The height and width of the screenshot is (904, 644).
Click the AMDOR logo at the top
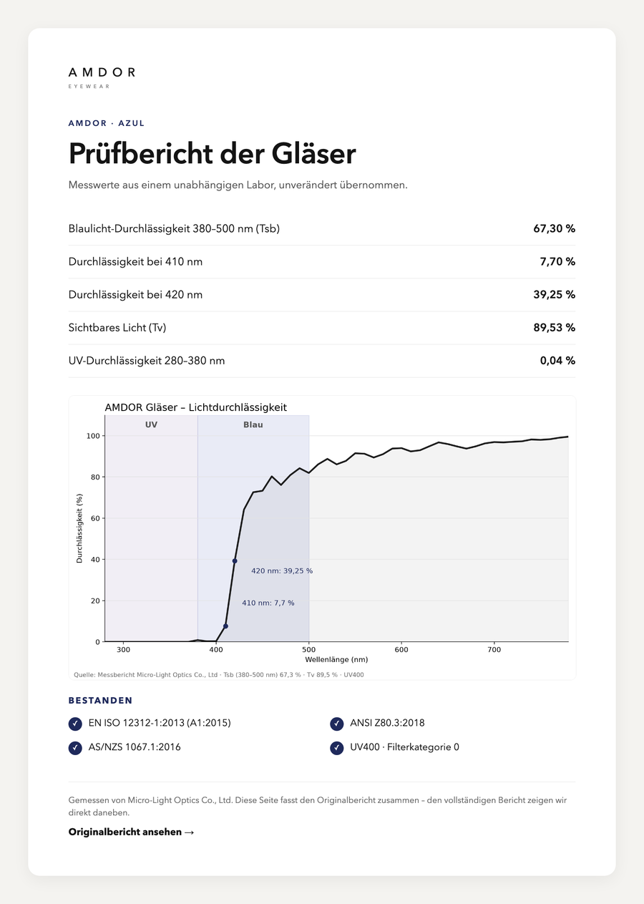(102, 77)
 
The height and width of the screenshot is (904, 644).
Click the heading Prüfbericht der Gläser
(213, 153)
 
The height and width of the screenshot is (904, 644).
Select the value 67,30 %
(554, 228)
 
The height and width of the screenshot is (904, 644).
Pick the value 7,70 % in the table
(557, 261)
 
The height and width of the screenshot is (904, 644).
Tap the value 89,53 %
(554, 327)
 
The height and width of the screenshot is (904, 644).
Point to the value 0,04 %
(557, 361)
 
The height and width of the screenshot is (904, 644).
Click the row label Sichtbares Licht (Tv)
(117, 327)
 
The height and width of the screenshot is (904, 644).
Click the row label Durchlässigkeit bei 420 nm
(135, 295)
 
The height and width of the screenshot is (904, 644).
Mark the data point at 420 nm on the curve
(235, 561)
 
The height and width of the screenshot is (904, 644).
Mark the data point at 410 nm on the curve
(225, 626)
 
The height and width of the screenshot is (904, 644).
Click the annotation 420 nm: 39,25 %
(282, 570)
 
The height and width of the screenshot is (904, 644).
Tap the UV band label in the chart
(151, 424)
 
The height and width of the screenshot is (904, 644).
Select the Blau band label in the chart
(253, 424)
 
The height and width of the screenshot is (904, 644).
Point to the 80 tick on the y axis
(95, 477)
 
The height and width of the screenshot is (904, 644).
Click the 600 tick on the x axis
(401, 650)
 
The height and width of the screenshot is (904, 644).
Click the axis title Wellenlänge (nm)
(336, 659)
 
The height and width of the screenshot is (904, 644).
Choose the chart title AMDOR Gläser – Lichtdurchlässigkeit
(195, 407)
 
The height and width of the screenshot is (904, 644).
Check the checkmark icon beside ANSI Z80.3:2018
(336, 724)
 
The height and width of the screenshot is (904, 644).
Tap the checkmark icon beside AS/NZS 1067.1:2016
(75, 748)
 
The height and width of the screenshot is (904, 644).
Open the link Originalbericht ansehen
(131, 832)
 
